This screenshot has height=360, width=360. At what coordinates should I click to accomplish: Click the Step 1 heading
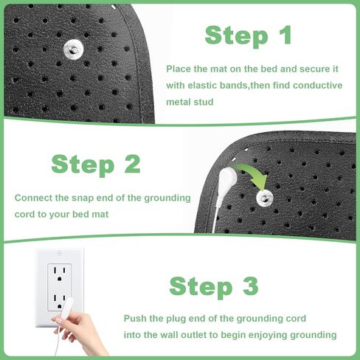tap(248, 35)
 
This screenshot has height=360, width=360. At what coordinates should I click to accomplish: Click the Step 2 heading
tap(95, 164)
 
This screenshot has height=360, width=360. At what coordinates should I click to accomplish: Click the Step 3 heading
tap(215, 285)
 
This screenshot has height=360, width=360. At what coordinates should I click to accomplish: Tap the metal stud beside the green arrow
tap(263, 197)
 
